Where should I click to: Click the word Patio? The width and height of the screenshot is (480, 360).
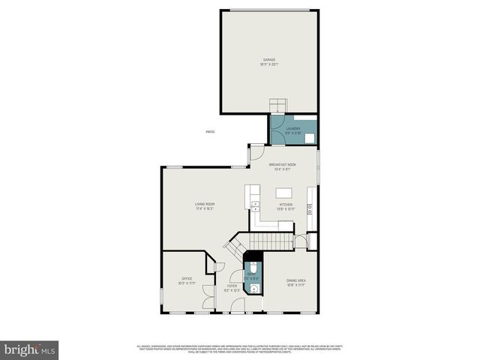pyautogui.click(x=210, y=132)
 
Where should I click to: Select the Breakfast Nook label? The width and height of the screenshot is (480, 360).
pyautogui.click(x=283, y=166)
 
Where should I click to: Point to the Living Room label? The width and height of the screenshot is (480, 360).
pyautogui.click(x=205, y=206)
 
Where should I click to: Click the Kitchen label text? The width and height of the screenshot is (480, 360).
pyautogui.click(x=286, y=206)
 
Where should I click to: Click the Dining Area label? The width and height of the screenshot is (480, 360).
pyautogui.click(x=296, y=283)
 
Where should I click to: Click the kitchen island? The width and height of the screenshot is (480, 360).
pyautogui.click(x=283, y=191)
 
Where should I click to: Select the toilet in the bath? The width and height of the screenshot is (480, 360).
pyautogui.click(x=253, y=268)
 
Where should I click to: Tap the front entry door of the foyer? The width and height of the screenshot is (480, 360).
pyautogui.click(x=238, y=305)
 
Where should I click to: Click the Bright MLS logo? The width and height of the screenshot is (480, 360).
pyautogui.click(x=29, y=349)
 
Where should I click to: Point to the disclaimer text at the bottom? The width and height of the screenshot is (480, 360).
pyautogui.click(x=239, y=349)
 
